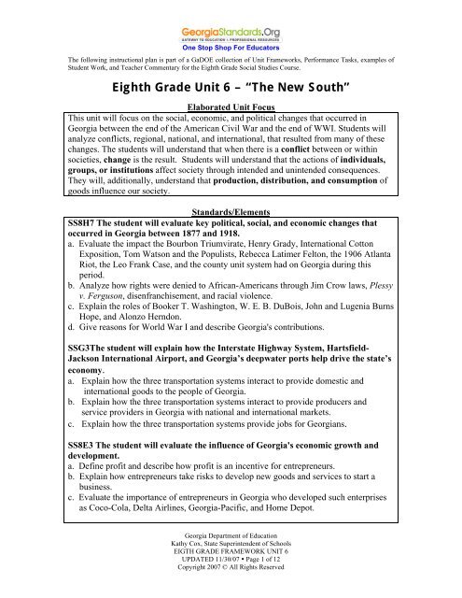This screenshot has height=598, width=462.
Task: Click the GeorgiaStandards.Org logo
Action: (231, 20)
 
